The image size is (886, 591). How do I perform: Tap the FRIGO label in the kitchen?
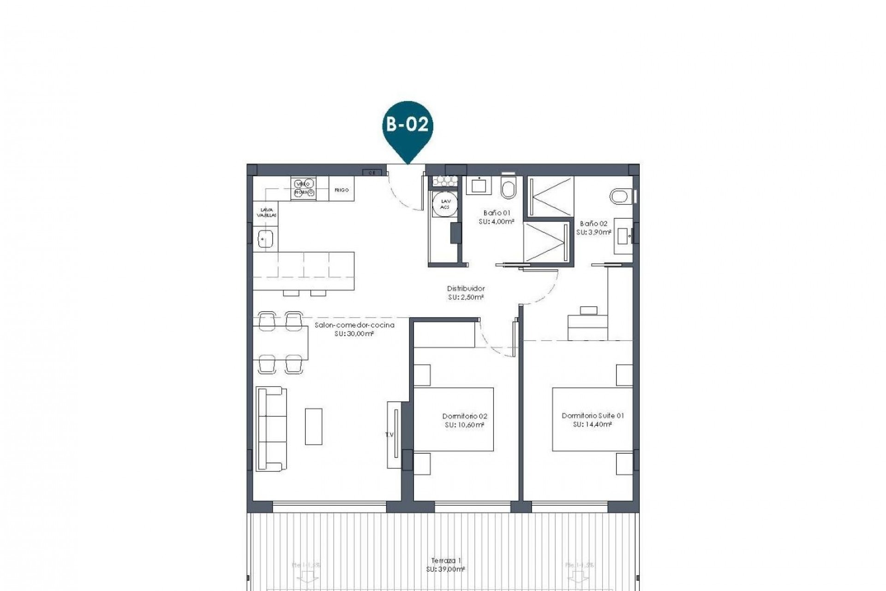[x=341, y=190]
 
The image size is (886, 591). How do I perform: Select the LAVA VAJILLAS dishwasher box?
[x=266, y=212]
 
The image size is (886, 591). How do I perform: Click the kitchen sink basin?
[x=265, y=240]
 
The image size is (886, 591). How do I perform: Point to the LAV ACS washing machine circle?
[x=445, y=205]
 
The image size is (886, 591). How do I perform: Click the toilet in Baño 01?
[x=508, y=188]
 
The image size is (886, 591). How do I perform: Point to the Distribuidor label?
[x=466, y=289]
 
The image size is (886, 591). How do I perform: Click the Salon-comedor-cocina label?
[x=354, y=325]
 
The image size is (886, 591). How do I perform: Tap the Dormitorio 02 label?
[x=465, y=416]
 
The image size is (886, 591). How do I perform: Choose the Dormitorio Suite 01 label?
[x=593, y=416]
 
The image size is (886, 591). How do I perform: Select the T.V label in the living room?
[x=389, y=434]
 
